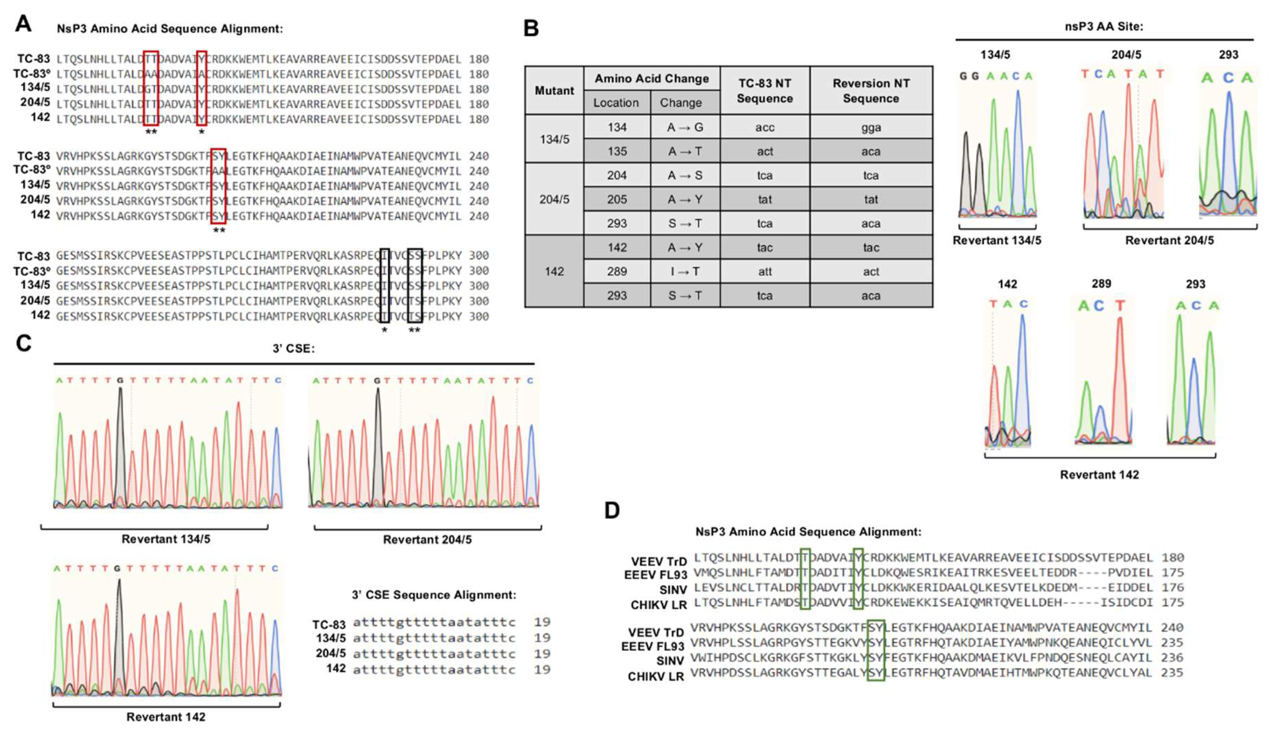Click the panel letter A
(x=23, y=23)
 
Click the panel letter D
(x=612, y=510)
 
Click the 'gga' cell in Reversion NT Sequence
(x=871, y=127)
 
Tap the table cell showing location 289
(x=617, y=271)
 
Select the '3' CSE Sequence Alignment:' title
(x=434, y=595)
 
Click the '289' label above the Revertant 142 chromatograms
(x=1101, y=284)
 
